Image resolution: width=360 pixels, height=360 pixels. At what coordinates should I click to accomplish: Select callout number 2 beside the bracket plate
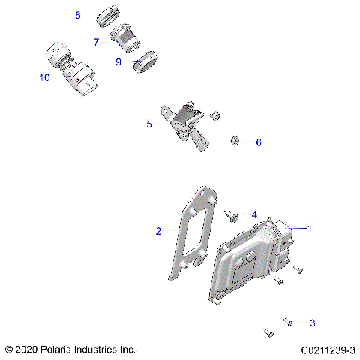point(158,231)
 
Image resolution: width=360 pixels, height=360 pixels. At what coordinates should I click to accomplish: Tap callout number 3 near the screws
point(312,323)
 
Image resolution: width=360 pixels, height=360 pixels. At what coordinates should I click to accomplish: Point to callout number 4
point(254,214)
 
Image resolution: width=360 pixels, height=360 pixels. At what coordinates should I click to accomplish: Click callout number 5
point(149,124)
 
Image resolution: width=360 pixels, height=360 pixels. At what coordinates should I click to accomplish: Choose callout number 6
point(259,142)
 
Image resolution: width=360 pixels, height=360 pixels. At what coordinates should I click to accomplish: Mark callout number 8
point(78,15)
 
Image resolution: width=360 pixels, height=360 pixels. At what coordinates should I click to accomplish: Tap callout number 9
point(118,61)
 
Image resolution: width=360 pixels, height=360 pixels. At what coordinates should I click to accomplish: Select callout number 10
point(44,77)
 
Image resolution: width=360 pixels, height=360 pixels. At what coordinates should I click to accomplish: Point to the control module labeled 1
point(255,259)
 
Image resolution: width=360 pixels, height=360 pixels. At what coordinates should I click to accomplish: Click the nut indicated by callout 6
point(233,140)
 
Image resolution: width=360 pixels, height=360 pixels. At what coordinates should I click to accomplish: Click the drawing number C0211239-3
point(328,349)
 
